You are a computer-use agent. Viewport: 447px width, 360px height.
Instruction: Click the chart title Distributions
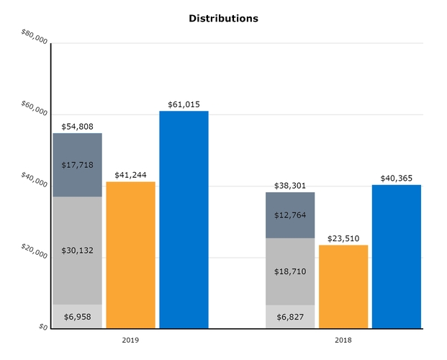tap(223, 19)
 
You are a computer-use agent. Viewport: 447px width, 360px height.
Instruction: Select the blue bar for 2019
tap(184, 220)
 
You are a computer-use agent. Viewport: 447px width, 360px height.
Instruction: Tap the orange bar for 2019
tap(130, 255)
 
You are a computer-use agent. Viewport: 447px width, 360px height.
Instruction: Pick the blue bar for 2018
tap(397, 256)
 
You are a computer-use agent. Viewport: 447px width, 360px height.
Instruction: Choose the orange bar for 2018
tap(343, 287)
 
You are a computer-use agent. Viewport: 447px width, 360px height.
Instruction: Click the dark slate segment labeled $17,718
tap(77, 166)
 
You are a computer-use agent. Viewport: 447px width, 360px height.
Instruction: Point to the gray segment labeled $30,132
tap(77, 250)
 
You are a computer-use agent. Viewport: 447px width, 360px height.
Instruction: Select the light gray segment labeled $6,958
tap(77, 316)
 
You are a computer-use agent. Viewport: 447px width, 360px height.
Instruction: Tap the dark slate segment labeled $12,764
tap(290, 215)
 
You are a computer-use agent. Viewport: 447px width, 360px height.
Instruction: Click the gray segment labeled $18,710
tap(290, 271)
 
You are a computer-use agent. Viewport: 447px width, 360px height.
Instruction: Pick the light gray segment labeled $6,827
tap(290, 316)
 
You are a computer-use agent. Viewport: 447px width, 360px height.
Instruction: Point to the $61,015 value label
tap(184, 104)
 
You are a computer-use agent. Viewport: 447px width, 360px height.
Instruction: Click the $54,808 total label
tap(77, 127)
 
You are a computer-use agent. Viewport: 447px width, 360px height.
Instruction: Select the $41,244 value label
tap(130, 175)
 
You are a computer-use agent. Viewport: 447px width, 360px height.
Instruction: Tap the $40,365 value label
tap(397, 178)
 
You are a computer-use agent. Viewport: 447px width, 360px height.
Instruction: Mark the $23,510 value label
tap(343, 238)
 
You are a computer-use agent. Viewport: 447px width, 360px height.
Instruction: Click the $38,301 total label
tap(290, 185)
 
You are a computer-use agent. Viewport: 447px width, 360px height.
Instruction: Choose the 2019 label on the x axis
tap(130, 338)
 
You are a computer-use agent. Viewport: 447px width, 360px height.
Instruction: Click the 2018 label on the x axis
tap(343, 338)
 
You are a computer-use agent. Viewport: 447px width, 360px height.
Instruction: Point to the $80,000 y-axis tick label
tap(35, 37)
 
